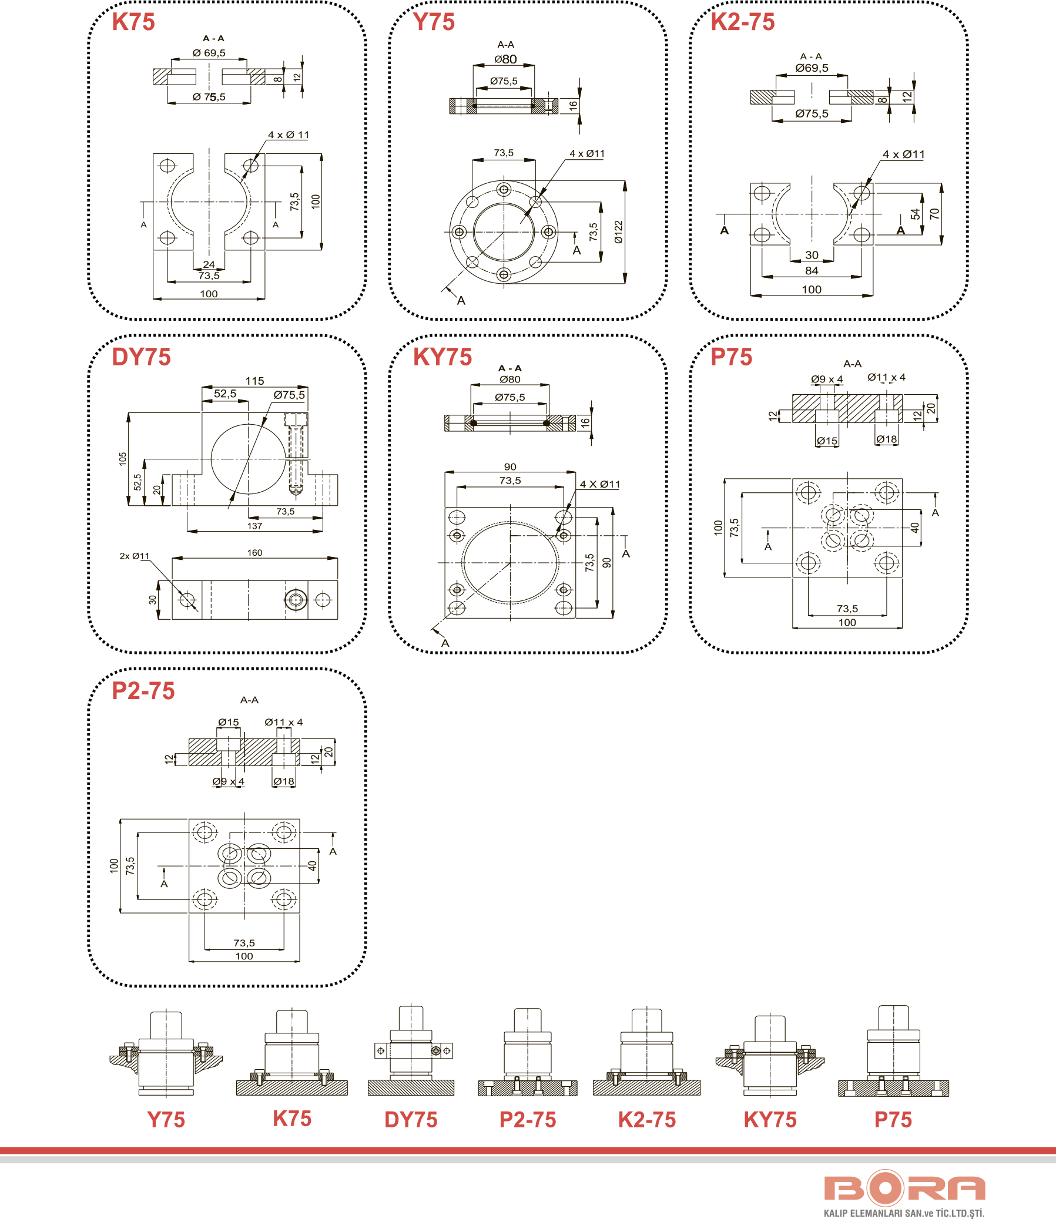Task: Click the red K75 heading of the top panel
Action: point(133,22)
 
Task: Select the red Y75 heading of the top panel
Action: point(434,22)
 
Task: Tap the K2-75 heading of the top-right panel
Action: point(742,22)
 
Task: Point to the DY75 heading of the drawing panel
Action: point(141,357)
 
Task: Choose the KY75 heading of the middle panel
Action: point(442,357)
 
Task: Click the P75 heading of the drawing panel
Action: point(730,357)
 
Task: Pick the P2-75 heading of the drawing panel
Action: point(143,691)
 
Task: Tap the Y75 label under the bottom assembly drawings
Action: point(166,1120)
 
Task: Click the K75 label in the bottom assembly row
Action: point(291,1119)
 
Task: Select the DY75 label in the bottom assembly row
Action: point(411,1120)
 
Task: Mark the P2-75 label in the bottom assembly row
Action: point(527,1120)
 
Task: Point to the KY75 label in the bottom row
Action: point(770,1120)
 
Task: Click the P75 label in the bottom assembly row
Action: point(893,1120)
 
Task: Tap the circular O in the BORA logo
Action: point(884,1189)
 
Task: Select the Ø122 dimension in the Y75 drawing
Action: point(618,231)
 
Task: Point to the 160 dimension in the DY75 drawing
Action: point(254,553)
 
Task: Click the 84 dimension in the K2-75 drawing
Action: point(812,271)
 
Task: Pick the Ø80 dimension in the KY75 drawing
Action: point(509,380)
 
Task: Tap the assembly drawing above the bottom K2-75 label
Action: point(646,1055)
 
